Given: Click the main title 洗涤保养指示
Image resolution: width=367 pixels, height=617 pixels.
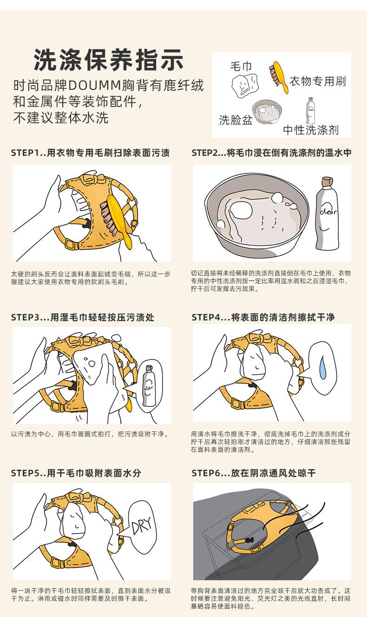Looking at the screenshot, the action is [x=108, y=60].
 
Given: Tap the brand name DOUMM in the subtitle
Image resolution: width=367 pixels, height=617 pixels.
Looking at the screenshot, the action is [x=94, y=86].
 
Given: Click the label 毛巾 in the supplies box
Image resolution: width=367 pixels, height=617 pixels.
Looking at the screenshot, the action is [x=241, y=66].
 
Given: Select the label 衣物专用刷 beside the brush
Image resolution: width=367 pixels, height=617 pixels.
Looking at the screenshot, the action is [x=318, y=81].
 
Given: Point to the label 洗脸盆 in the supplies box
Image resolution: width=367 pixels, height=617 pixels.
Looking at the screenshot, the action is [x=236, y=120].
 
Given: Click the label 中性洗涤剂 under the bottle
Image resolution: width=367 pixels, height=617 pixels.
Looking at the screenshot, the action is [x=311, y=130].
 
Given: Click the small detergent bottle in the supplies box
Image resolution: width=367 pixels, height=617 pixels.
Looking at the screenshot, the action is [x=311, y=111].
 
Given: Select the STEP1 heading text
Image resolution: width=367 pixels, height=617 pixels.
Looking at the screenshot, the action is [x=90, y=153].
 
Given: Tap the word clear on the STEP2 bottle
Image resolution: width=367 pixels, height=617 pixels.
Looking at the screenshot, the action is [x=328, y=212].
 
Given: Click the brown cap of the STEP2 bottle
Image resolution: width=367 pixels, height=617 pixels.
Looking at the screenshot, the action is [x=328, y=181].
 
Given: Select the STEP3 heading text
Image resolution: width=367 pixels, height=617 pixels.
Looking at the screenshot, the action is [x=83, y=318].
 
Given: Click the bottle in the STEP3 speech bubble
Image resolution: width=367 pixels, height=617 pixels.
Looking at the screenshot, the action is [x=149, y=386].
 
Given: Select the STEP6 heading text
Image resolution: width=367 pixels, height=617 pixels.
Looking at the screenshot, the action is [x=253, y=473].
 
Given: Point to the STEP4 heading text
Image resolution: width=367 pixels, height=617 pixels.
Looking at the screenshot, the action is [x=263, y=318].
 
